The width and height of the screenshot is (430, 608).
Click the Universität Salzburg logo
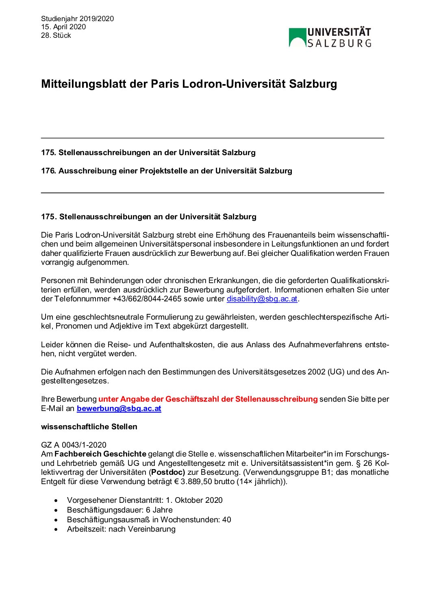point(330,38)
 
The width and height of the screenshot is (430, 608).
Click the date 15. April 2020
point(63,27)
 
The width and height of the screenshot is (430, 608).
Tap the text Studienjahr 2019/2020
point(77,19)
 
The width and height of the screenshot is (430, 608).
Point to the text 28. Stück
point(56,35)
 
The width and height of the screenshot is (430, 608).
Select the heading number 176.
point(48,171)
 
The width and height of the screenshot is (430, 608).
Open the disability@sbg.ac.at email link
point(262,299)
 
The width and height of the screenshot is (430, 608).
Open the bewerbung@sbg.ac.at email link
point(119,409)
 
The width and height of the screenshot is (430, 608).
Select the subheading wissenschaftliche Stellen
point(89,427)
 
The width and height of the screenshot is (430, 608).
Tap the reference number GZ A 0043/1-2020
point(74,445)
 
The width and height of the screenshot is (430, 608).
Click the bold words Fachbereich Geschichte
point(100,454)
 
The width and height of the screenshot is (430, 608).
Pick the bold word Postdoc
point(168,472)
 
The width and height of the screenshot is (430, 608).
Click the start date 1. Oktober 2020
point(194,500)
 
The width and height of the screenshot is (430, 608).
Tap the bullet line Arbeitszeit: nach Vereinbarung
point(121,529)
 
